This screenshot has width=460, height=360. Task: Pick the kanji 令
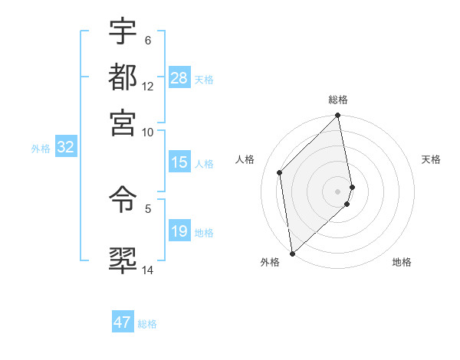[x=123, y=201]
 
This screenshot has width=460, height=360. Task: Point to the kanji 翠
[x=123, y=260]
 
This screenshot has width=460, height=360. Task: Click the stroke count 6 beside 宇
[x=148, y=40]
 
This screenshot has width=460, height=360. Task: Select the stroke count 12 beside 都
[x=148, y=86]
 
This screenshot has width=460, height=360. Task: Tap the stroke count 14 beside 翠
[x=148, y=270]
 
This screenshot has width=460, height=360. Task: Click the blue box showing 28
[x=179, y=77]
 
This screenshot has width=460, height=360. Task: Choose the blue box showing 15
[x=179, y=162]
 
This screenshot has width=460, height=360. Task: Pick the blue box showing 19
[x=179, y=231]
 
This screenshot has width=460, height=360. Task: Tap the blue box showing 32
[x=65, y=147]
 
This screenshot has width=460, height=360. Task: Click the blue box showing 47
[x=123, y=322]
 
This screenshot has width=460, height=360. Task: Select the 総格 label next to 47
[x=147, y=324]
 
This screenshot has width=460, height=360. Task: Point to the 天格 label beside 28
[x=204, y=79]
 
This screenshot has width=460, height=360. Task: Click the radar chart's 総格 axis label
[x=338, y=100]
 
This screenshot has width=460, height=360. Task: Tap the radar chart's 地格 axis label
[x=402, y=262]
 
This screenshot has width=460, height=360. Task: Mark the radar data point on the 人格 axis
[x=280, y=172]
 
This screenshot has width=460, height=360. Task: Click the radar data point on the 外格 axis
[x=292, y=253]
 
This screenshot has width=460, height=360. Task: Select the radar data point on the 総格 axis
[x=338, y=116]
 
